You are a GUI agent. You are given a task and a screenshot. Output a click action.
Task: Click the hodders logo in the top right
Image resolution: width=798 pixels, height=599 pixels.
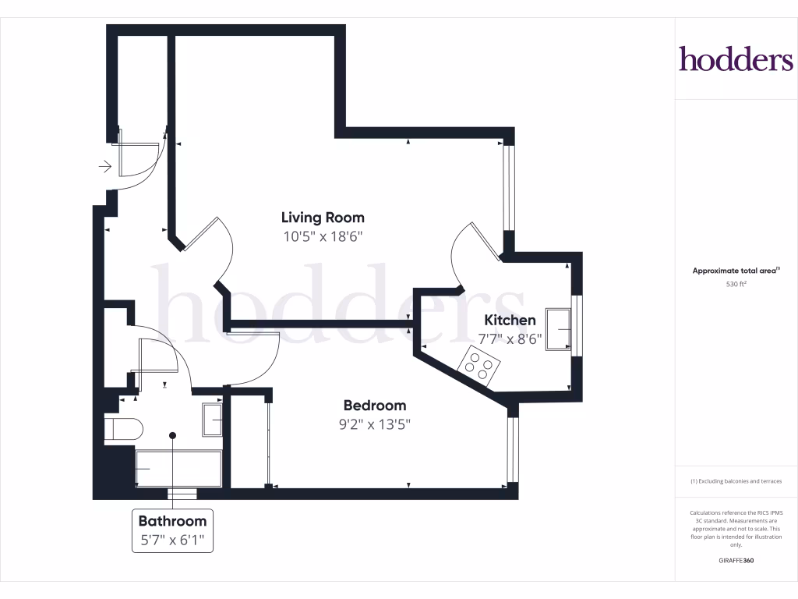[736, 59]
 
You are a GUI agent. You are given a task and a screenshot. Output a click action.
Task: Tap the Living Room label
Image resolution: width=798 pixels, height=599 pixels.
[323, 218]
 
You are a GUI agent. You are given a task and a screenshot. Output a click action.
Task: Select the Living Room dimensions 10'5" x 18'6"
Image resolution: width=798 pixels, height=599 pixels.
[323, 236]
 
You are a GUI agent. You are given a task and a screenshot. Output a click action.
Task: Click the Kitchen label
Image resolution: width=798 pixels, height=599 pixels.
[510, 320]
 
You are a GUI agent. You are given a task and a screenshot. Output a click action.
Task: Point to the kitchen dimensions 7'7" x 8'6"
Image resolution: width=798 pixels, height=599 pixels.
[510, 338]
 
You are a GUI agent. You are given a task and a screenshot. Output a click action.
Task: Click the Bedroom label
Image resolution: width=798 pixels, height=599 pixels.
[375, 406]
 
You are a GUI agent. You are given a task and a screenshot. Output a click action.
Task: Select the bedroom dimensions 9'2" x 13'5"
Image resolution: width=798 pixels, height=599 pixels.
[375, 424]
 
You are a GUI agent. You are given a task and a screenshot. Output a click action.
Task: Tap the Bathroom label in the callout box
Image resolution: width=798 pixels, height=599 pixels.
[172, 521]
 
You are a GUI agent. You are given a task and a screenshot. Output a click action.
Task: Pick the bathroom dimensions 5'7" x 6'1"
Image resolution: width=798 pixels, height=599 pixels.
[172, 539]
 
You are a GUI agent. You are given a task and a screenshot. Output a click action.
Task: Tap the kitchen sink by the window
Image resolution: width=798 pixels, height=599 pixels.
[559, 329]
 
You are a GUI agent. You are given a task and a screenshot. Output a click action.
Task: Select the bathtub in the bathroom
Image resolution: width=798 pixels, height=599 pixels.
[178, 468]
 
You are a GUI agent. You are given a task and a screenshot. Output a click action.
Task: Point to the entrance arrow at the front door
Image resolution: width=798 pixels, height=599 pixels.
[104, 166]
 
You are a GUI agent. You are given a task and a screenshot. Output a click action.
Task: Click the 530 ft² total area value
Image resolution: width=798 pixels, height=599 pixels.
[736, 285]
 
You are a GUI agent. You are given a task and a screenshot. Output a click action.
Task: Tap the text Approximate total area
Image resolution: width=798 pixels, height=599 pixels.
[735, 271]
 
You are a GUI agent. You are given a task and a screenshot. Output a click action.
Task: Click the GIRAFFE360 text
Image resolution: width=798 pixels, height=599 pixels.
[736, 561]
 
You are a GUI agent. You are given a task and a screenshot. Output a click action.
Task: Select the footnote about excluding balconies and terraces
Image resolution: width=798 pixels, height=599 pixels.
[736, 481]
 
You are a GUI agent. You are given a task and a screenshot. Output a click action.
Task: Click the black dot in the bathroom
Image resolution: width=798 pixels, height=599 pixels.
[172, 436]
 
